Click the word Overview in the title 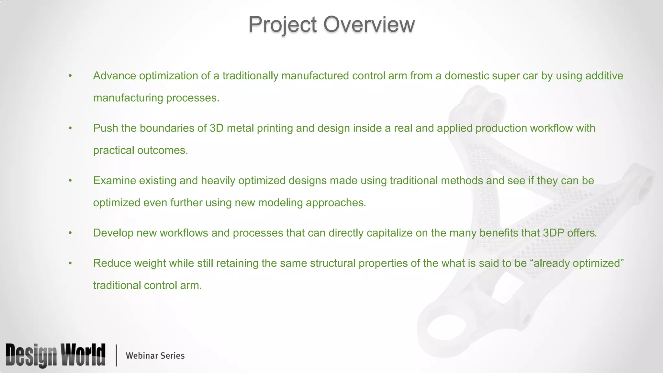pyautogui.click(x=369, y=24)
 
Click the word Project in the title pyautogui.click(x=282, y=25)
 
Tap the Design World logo pyautogui.click(x=55, y=355)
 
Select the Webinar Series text pyautogui.click(x=155, y=356)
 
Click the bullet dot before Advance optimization pyautogui.click(x=70, y=76)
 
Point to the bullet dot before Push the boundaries pyautogui.click(x=70, y=129)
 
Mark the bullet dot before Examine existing pyautogui.click(x=70, y=181)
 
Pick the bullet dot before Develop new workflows pyautogui.click(x=70, y=233)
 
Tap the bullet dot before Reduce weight pyautogui.click(x=70, y=264)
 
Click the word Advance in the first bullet pyautogui.click(x=115, y=76)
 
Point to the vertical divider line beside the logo pyautogui.click(x=116, y=356)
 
